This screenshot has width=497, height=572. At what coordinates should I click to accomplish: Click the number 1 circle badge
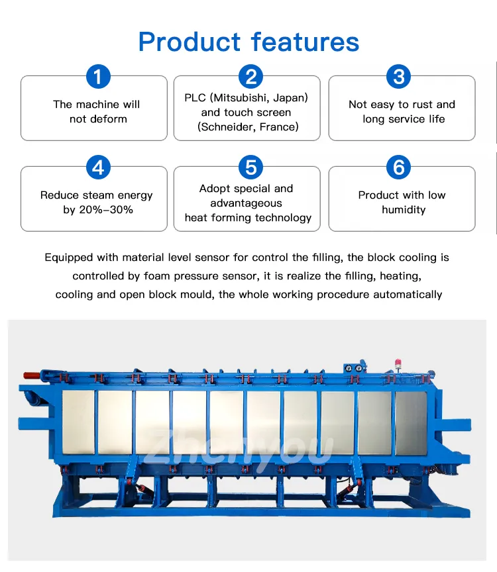coord(97,77)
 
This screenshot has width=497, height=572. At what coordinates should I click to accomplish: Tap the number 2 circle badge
coord(250,77)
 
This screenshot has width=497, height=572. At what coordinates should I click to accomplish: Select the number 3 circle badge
coord(399,77)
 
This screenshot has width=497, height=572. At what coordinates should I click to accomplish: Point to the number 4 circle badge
coord(97,167)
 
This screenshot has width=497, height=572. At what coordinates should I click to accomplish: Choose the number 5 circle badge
coord(250,167)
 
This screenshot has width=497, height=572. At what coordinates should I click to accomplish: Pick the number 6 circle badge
coord(399,167)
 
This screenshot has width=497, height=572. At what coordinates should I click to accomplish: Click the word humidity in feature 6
coord(404,210)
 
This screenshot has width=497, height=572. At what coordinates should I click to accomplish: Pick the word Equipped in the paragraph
coord(69,258)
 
